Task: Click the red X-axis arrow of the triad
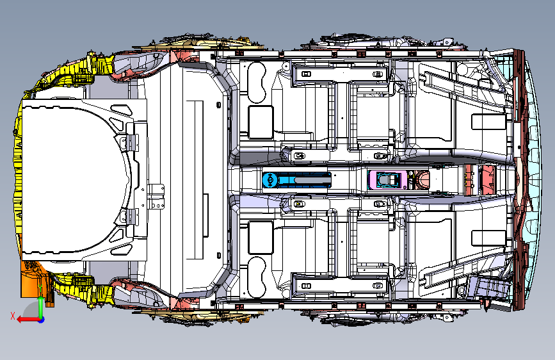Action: pyautogui.click(x=28, y=320)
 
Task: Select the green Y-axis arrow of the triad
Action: pyautogui.click(x=41, y=307)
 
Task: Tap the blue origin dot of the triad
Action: pyautogui.click(x=42, y=320)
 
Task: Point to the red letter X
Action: pyautogui.click(x=13, y=316)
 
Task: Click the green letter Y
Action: pyautogui.click(x=40, y=288)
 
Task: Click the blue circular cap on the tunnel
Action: pyautogui.click(x=269, y=180)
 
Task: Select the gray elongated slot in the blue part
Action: pyautogui.click(x=312, y=180)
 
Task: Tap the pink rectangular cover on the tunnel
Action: pyautogui.click(x=387, y=179)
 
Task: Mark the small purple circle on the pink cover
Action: pyautogui.click(x=405, y=188)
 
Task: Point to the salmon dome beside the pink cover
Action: pyautogui.click(x=422, y=179)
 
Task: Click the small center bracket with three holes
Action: pyautogui.click(x=156, y=196)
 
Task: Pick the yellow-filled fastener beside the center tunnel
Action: pyautogui.click(x=300, y=204)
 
